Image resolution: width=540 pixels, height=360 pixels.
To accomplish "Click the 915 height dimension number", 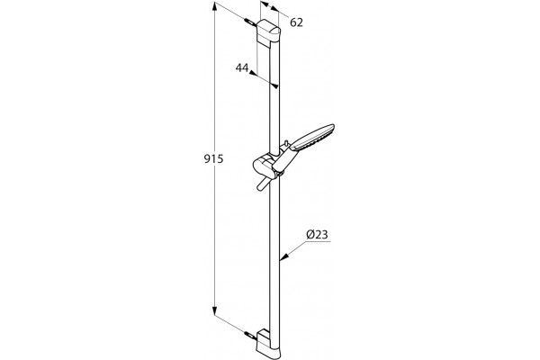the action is (213, 158).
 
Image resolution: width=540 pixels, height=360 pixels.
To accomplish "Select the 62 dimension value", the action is (296, 22).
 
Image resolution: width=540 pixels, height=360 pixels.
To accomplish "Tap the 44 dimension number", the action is (242, 67).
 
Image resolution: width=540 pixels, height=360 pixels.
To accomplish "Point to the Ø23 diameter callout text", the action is (317, 235).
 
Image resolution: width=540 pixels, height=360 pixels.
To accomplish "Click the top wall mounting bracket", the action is (268, 33).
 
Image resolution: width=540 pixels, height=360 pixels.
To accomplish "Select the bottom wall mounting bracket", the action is (269, 341).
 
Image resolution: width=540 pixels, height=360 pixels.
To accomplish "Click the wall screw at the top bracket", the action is (249, 22).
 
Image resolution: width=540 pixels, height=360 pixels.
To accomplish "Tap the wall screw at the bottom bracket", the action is (250, 336).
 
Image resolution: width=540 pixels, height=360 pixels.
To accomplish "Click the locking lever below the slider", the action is (263, 184).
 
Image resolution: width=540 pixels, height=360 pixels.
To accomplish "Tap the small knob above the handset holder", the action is (286, 143).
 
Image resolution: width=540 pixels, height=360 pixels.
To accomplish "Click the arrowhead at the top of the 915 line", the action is (214, 6).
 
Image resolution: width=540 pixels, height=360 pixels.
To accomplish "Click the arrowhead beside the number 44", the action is (253, 73).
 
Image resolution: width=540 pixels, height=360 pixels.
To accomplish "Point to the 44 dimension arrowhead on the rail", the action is (274, 85).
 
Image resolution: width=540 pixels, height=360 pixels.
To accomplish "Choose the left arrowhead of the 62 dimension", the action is (264, 4).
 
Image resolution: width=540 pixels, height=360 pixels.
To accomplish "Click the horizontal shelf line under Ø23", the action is (318, 241).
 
